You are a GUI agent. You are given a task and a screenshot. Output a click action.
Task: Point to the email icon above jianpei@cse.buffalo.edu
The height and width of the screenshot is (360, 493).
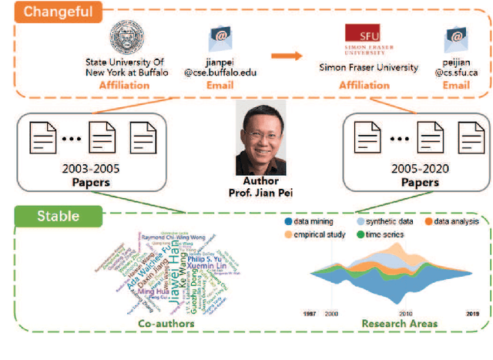(220, 40)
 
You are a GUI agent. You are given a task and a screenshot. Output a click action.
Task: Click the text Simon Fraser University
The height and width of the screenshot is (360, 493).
(369, 68)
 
